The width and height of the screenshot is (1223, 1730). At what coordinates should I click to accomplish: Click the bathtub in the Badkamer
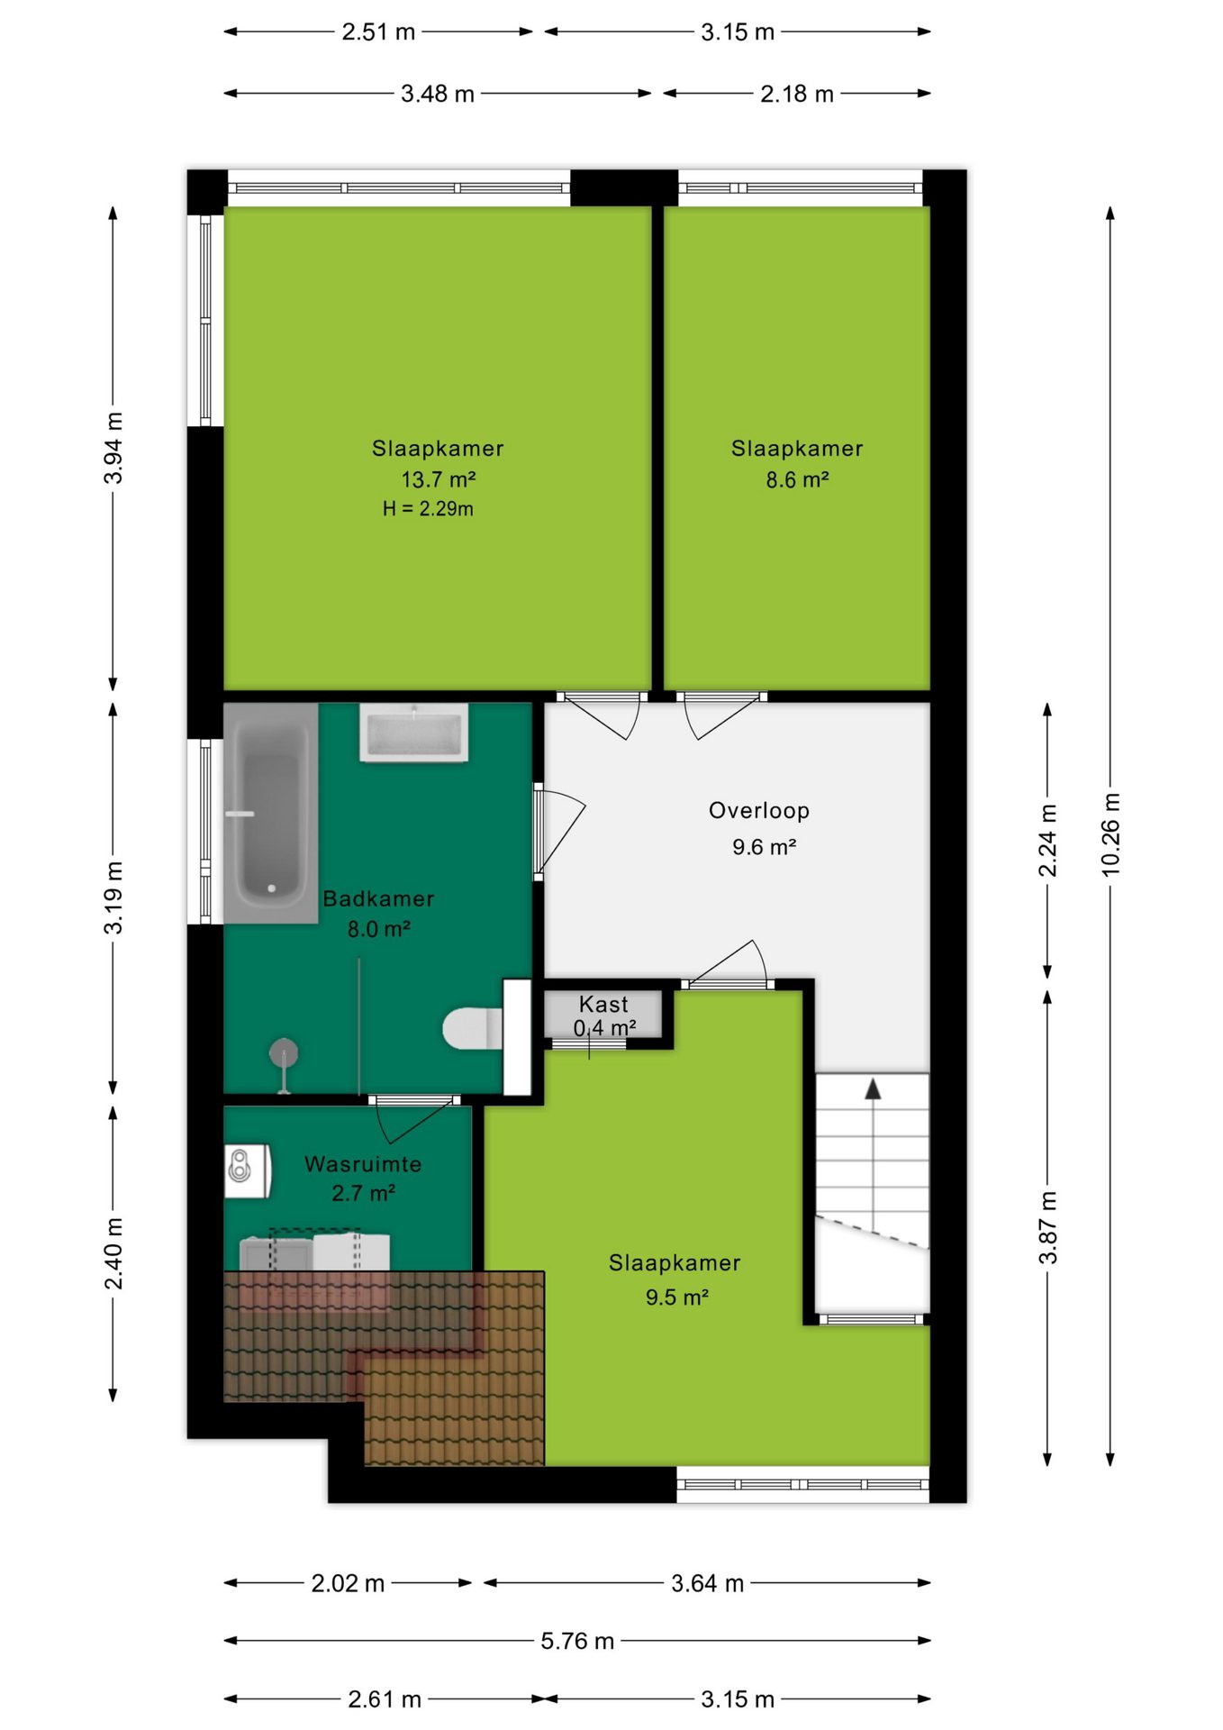coord(271,813)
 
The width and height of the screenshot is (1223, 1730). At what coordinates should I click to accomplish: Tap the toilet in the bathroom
coord(474,1028)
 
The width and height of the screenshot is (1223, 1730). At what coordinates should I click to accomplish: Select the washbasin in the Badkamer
coord(414,733)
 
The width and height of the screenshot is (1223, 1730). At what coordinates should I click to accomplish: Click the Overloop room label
coord(759,810)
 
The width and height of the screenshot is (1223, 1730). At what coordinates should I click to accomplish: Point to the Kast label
coord(603,1004)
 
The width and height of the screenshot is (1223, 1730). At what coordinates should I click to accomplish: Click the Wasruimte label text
coord(363,1163)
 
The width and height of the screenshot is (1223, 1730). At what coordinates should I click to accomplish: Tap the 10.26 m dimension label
coord(1110,834)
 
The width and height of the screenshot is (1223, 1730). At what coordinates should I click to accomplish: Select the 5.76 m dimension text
coord(577,1641)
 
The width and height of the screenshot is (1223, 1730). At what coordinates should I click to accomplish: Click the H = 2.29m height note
coord(428,508)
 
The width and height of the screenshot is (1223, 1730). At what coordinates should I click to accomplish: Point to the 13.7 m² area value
coord(439,478)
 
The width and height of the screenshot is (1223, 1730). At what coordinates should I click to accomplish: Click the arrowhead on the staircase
coord(873,1089)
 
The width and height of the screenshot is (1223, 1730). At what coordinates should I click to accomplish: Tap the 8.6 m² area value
coord(797,479)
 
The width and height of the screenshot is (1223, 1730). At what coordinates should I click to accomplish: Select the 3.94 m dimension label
coord(113,448)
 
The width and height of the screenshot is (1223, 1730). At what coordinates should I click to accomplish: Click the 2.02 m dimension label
coord(348,1583)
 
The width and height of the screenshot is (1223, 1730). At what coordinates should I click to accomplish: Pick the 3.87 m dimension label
coord(1047,1227)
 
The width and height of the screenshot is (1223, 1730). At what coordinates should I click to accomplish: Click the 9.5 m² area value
coord(677,1297)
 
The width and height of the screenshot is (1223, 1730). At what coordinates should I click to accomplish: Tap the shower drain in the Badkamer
coord(284,1052)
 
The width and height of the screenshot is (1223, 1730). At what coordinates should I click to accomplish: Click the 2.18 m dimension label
coord(797,94)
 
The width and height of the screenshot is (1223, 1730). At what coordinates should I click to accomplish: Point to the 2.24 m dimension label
coord(1047,840)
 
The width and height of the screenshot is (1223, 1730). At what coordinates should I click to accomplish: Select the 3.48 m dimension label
coord(438,94)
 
